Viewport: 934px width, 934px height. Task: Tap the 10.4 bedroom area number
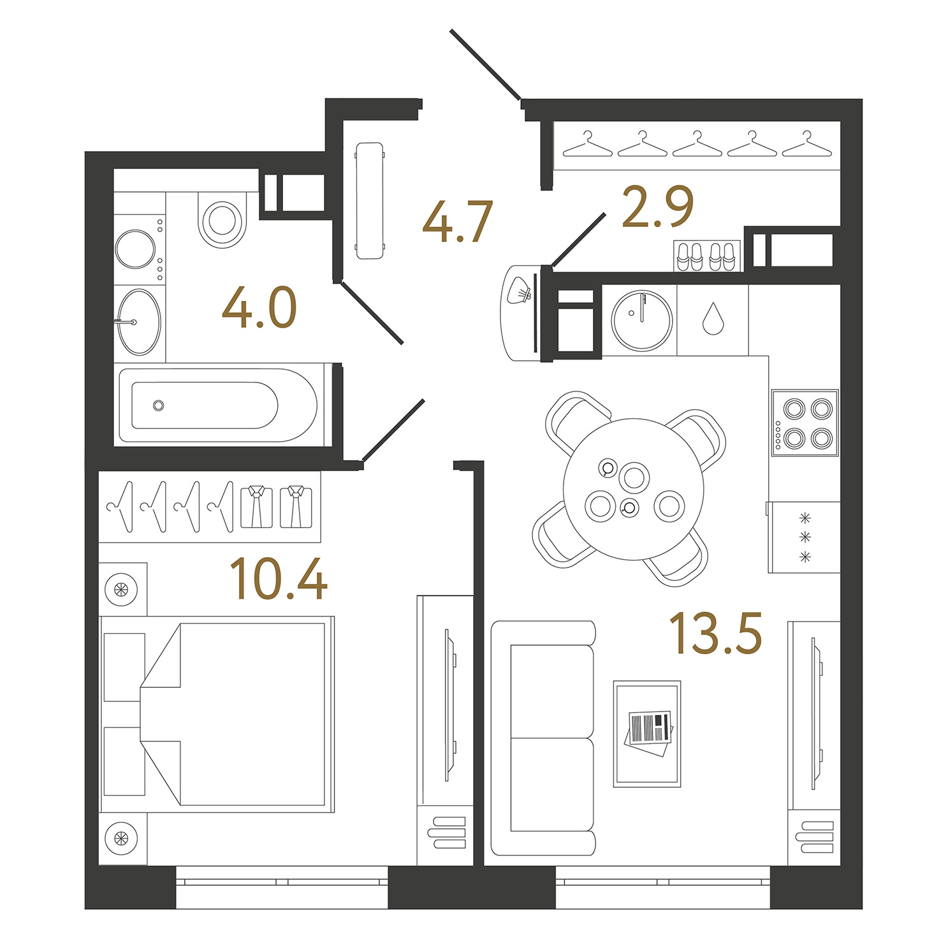point(278,578)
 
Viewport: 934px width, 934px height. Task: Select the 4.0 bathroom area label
point(259,307)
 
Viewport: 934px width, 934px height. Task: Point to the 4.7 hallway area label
point(458,221)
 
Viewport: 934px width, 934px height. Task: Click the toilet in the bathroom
point(223,219)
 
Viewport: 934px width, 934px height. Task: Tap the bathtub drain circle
point(159,405)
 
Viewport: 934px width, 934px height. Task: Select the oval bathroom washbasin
point(139,323)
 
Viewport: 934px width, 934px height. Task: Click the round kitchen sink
point(641,321)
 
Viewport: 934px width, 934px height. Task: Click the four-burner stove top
point(805,423)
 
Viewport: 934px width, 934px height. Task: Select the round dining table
point(633,489)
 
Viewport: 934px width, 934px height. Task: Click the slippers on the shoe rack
point(707,256)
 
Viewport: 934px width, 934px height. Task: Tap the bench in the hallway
point(369,201)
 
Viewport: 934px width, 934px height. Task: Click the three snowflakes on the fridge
point(805,537)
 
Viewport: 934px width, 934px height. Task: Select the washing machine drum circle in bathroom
point(135,249)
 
